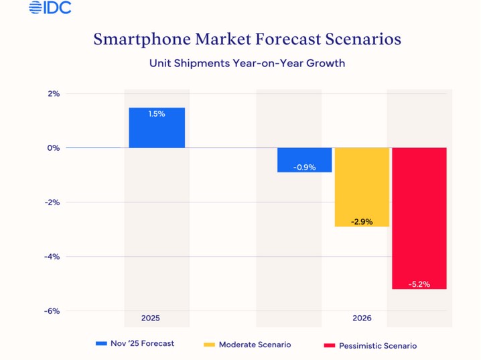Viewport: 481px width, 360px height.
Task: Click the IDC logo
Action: pyautogui.click(x=50, y=8)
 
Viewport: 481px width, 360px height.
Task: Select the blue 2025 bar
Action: pyautogui.click(x=157, y=128)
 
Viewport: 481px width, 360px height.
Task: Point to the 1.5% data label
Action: pyautogui.click(x=157, y=114)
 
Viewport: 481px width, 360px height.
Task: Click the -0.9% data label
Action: pyautogui.click(x=305, y=167)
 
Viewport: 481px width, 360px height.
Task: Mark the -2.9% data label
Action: pyautogui.click(x=362, y=221)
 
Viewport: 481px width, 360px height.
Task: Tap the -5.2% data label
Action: pyautogui.click(x=419, y=284)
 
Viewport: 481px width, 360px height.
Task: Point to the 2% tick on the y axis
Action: pyautogui.click(x=54, y=94)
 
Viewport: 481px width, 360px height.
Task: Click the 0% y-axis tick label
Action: pyautogui.click(x=54, y=148)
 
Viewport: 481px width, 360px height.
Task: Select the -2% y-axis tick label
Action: pyautogui.click(x=53, y=202)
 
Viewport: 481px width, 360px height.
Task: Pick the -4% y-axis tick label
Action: pyautogui.click(x=53, y=257)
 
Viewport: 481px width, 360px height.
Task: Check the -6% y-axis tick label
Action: pyautogui.click(x=53, y=311)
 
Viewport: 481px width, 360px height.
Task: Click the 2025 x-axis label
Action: pyautogui.click(x=151, y=318)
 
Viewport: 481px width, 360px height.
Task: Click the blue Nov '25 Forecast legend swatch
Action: pyautogui.click(x=101, y=344)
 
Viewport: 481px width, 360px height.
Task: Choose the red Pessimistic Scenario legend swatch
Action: pyautogui.click(x=329, y=346)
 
